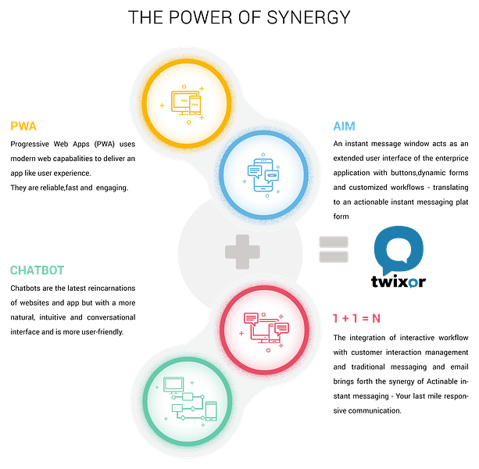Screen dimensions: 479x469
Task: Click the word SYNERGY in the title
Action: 309,17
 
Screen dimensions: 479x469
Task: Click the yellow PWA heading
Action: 23,126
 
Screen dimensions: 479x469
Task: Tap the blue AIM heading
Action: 345,126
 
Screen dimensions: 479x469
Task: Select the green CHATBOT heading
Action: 38,270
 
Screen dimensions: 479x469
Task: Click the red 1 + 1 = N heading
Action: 356,319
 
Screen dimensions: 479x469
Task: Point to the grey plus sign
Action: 242,252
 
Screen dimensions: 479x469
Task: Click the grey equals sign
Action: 334,249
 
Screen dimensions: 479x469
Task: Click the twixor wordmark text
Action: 399,281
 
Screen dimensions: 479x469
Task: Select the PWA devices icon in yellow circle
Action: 186,104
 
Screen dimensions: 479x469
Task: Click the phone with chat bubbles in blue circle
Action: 263,175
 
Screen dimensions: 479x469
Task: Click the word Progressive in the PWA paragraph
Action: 30,144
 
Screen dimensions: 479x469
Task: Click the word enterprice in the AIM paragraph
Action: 452,158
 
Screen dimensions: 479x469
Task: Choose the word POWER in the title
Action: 200,17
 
